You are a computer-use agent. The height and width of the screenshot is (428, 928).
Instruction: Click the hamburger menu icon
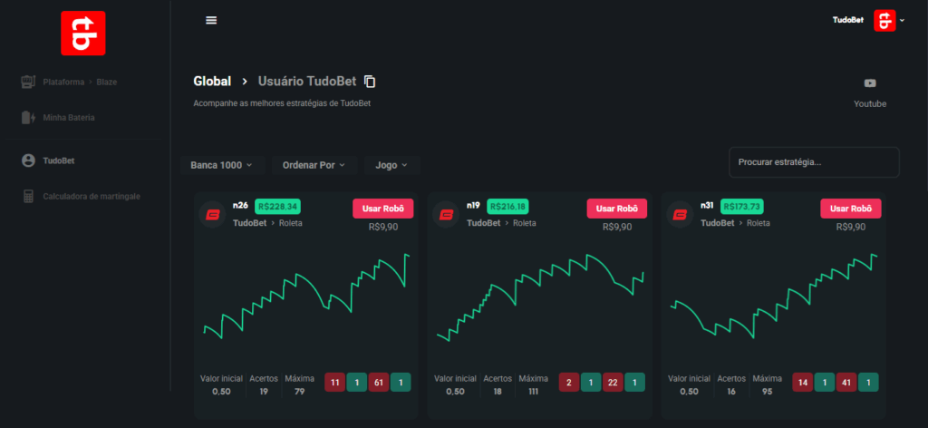coord(211,20)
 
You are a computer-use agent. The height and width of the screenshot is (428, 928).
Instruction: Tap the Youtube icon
coord(870,83)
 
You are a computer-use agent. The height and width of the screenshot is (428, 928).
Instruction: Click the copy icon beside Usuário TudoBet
coord(370,82)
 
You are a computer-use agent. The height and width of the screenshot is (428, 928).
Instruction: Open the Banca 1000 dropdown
coord(222,165)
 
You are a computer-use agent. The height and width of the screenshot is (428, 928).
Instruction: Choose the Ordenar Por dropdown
coord(314,165)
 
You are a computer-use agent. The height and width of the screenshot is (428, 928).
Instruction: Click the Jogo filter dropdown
coord(391,165)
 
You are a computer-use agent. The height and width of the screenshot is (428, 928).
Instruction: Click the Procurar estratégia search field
coord(814,162)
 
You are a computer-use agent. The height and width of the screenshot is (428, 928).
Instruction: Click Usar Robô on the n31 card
coord(851,209)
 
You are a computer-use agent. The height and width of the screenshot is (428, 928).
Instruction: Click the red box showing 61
coord(379,383)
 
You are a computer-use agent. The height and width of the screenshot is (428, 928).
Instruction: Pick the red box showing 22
coord(613,383)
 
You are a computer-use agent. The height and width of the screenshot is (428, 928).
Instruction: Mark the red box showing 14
coord(802,383)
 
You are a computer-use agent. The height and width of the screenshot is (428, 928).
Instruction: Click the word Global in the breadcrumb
coord(212,82)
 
